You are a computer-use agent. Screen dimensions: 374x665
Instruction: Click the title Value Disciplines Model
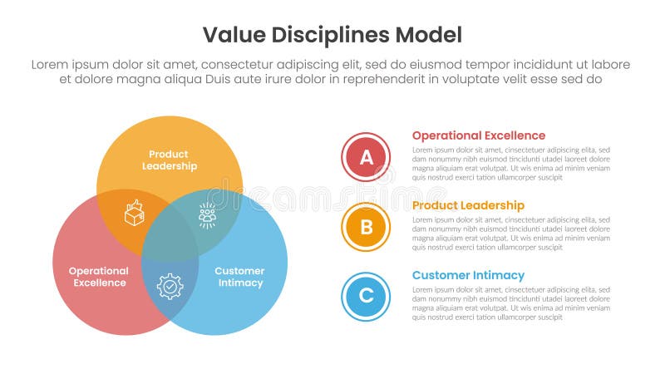(x=332, y=35)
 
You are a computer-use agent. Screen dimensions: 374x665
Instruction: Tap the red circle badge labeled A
(x=366, y=157)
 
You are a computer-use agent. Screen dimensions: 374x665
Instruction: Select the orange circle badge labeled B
(x=366, y=227)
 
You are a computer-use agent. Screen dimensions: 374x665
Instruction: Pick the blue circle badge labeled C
(x=366, y=297)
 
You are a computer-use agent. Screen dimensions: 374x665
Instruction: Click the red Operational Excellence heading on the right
(x=479, y=135)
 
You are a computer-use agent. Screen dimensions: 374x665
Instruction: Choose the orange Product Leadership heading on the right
(x=468, y=205)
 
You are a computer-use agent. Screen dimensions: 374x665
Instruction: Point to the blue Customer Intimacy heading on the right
(x=468, y=275)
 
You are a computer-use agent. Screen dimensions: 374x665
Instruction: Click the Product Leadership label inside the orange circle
(x=170, y=160)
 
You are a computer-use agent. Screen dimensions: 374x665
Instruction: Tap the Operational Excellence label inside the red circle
(x=98, y=277)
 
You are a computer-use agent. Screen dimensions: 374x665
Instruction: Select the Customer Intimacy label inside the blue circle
(x=239, y=277)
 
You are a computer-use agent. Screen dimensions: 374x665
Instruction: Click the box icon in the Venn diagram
(x=134, y=214)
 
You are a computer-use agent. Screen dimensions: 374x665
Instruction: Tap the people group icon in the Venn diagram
(x=207, y=214)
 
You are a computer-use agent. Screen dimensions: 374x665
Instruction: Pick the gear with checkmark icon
(x=170, y=286)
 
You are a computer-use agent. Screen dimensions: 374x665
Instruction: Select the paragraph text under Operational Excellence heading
(x=511, y=164)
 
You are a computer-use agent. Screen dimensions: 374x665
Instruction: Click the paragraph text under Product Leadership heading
(x=511, y=234)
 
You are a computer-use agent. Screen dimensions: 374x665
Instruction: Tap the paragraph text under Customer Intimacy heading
(x=511, y=303)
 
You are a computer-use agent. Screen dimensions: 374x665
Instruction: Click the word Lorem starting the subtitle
(x=50, y=65)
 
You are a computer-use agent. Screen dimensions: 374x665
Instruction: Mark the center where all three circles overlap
(x=170, y=241)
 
